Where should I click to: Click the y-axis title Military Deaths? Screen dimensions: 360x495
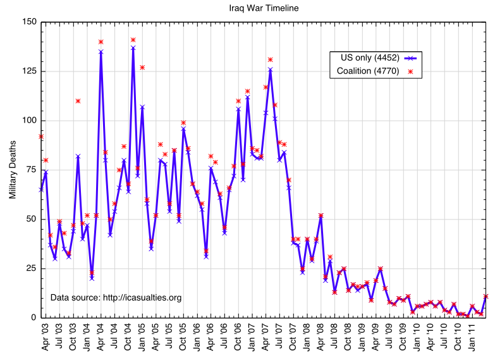(x=13, y=170)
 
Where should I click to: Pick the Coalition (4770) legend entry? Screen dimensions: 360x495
(x=367, y=71)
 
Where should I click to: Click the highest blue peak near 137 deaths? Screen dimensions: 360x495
(x=133, y=47)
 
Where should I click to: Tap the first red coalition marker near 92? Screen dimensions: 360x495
(x=41, y=136)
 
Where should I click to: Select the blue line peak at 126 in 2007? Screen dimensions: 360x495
(x=271, y=69)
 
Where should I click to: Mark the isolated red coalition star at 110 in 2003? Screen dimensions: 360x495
(x=78, y=101)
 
